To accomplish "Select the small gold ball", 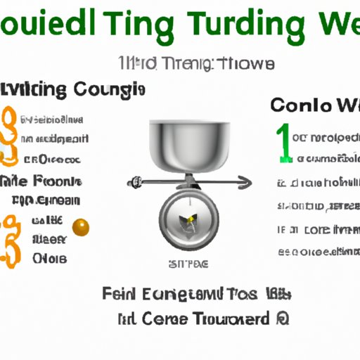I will point(82,226).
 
